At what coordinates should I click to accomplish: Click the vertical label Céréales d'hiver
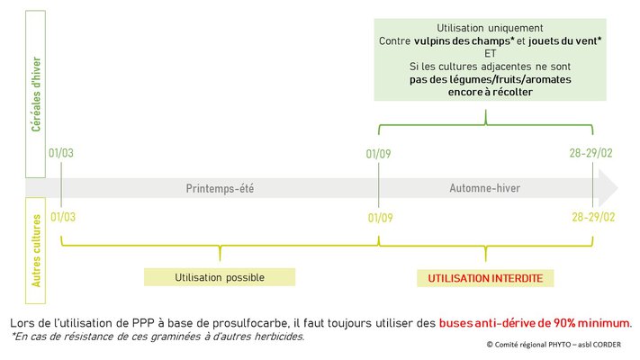(x=36, y=94)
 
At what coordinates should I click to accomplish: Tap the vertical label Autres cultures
(x=36, y=250)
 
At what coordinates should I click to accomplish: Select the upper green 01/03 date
(x=61, y=153)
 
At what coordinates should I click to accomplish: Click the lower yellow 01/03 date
(x=63, y=217)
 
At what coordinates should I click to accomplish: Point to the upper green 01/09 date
(x=378, y=154)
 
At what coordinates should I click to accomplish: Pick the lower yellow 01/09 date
(x=381, y=218)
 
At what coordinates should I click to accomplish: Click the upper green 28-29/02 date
(x=591, y=153)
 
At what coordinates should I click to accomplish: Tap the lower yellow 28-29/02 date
(x=593, y=217)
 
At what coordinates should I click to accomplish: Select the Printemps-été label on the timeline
(x=220, y=188)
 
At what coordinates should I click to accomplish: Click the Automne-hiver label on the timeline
(x=485, y=188)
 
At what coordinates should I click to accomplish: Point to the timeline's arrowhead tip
(x=618, y=188)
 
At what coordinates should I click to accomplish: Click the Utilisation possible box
(x=220, y=277)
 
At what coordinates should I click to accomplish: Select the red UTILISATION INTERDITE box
(x=485, y=278)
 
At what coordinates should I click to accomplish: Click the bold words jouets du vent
(x=563, y=40)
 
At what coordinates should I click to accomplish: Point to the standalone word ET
(x=491, y=53)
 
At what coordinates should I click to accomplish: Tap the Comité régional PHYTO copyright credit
(x=554, y=345)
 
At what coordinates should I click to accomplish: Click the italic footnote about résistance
(x=158, y=337)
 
